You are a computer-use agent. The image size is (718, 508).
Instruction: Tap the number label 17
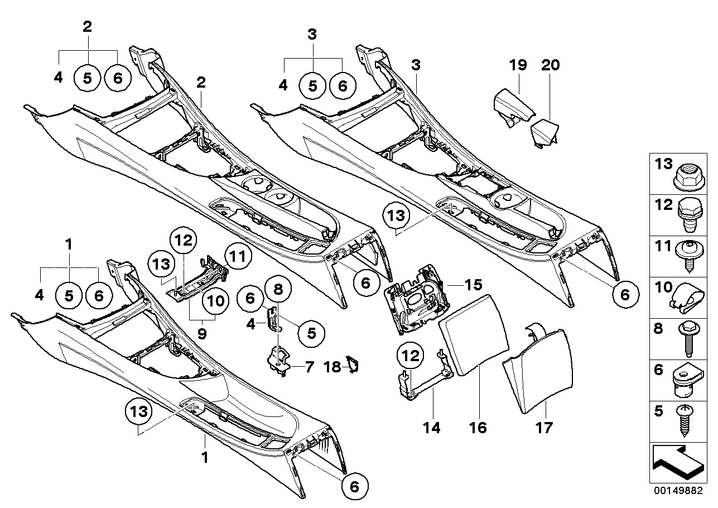[x=544, y=428]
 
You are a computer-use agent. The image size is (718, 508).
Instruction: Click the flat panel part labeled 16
[x=474, y=336]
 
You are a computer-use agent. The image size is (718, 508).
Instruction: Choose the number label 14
[x=432, y=428]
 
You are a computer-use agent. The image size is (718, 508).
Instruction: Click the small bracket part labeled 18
[x=352, y=366]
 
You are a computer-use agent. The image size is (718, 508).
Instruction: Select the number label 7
[x=309, y=367]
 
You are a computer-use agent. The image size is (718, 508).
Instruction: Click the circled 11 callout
[x=238, y=256]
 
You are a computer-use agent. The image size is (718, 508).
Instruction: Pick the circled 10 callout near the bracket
[x=215, y=301]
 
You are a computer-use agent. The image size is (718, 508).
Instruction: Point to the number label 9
[x=202, y=333]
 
